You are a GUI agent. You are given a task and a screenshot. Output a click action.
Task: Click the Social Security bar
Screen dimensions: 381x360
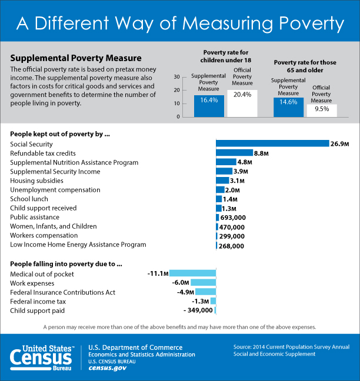tap(272, 143)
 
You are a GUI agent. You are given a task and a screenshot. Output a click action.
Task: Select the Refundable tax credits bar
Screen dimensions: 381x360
tap(234, 153)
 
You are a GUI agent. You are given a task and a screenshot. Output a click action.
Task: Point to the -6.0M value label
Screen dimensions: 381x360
tap(180, 283)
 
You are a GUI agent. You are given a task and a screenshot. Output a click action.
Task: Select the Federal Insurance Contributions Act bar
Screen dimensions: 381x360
tap(206, 292)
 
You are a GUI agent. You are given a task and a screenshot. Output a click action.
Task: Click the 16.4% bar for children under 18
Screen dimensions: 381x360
tap(209, 105)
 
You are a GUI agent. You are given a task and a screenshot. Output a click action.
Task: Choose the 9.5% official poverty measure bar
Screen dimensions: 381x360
tap(321, 110)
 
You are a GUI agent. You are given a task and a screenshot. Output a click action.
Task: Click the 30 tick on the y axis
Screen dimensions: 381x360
tap(176, 77)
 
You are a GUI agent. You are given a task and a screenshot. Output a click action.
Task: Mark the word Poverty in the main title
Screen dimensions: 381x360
tap(304, 24)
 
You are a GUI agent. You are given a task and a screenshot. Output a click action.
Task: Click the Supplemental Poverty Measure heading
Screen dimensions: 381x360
tap(76, 58)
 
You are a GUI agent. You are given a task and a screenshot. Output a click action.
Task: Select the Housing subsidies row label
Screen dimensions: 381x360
tap(36, 181)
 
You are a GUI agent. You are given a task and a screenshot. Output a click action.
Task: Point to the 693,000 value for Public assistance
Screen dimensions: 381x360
tap(233, 218)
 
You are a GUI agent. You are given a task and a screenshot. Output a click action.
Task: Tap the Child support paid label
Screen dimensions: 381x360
tap(38, 310)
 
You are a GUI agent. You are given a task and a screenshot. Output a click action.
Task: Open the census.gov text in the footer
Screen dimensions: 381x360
tap(108, 368)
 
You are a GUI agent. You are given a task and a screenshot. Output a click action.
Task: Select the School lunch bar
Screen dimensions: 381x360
tap(219, 199)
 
